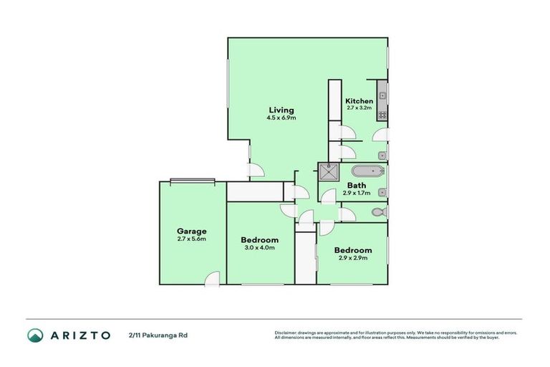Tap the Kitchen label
[359, 101]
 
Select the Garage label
[192, 231]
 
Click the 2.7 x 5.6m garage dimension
[192, 239]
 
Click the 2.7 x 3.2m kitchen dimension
[359, 108]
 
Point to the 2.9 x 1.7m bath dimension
[357, 194]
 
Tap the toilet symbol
[380, 213]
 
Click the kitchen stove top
[383, 114]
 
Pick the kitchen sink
[383, 92]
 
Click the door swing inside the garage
[212, 280]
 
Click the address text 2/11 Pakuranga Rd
[159, 335]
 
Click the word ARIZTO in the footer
[79, 335]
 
